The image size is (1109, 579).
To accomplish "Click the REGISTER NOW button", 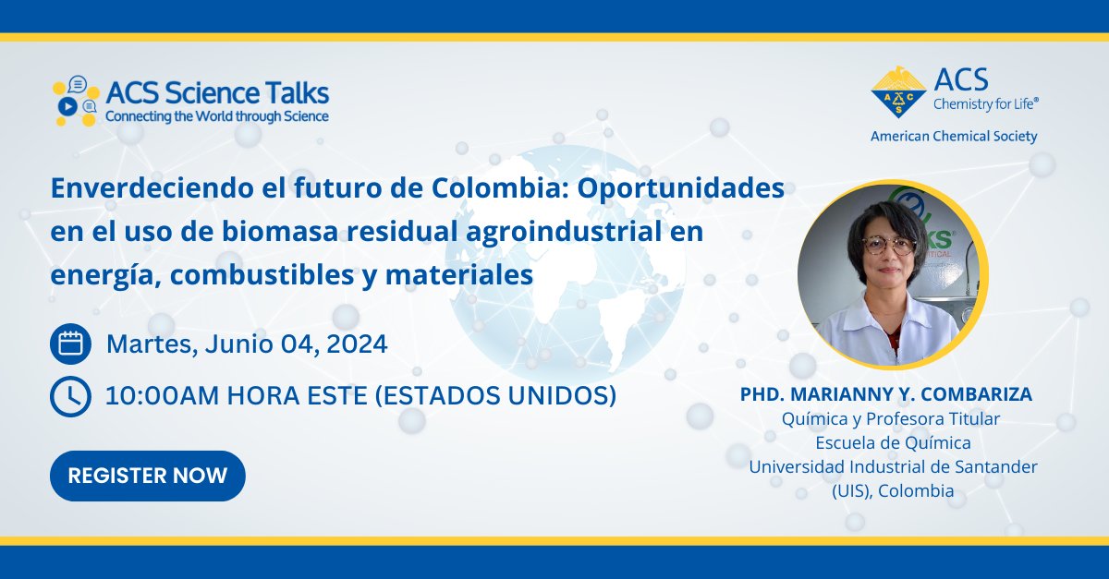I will point(148,476).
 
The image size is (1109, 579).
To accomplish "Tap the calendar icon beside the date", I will point(70,344).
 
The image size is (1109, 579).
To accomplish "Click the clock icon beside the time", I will point(70,396).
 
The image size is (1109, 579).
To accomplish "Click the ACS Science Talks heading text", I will point(217,93).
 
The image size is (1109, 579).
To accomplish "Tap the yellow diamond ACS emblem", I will point(898,92).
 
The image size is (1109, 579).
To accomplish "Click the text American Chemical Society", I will point(954,137).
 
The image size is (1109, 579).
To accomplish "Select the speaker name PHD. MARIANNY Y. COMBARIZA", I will point(886,394).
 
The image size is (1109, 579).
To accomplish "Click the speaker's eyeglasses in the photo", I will point(889,245).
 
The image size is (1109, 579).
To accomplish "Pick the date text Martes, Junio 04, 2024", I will point(247,344).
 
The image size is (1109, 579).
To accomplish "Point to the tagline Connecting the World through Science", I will point(217,117).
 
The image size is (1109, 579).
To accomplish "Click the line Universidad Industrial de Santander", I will point(893,467).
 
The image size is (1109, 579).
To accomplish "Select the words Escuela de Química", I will point(893,443).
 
